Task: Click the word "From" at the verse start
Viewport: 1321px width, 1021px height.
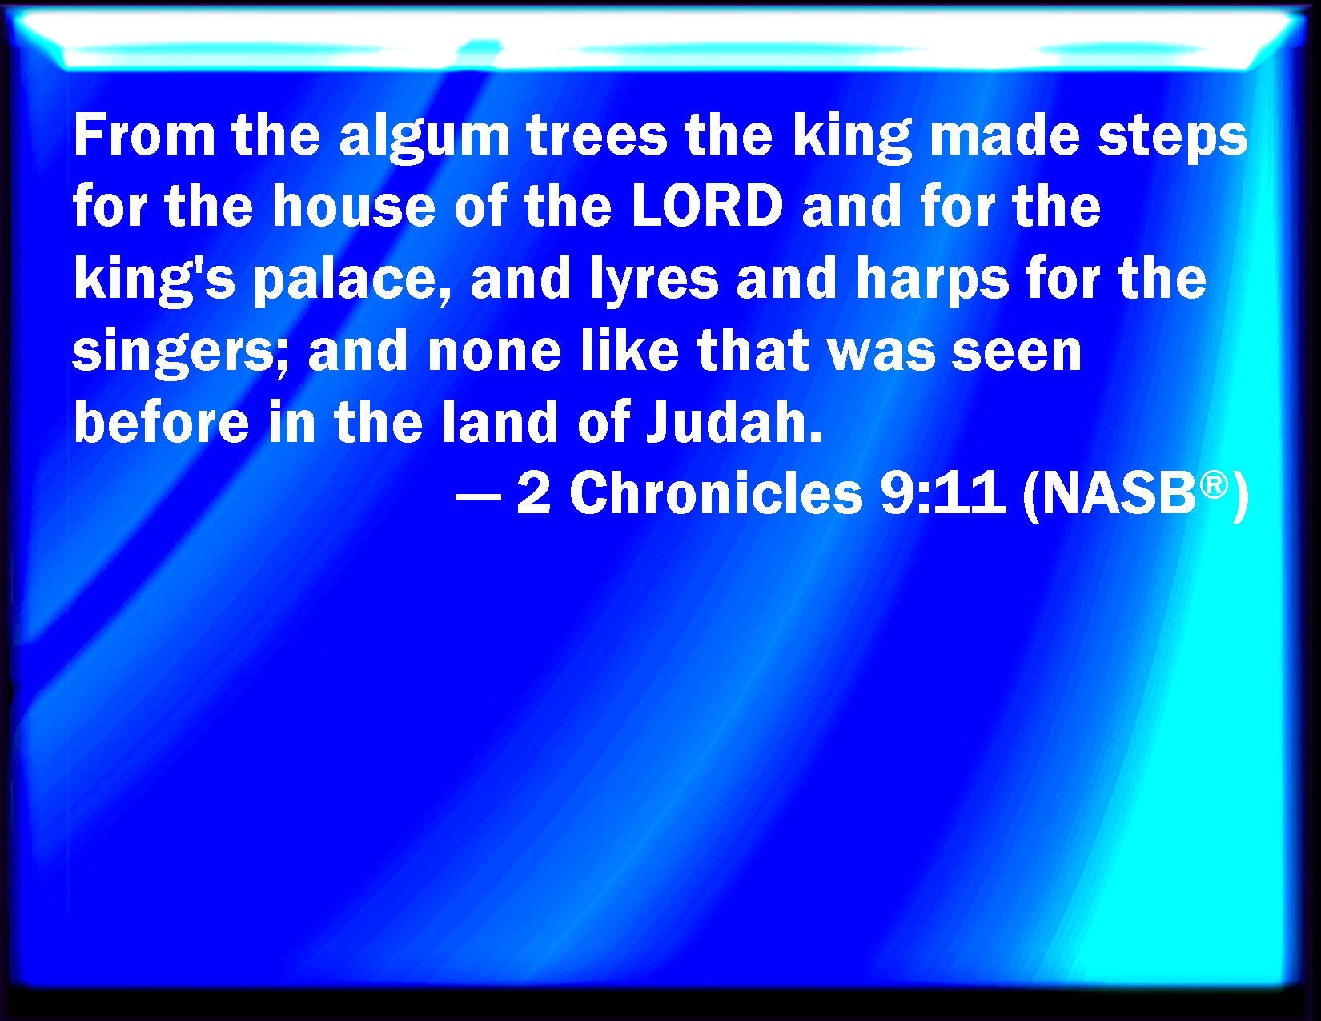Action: coord(144,135)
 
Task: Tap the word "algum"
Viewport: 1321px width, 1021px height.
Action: coord(424,139)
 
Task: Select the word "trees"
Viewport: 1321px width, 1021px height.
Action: coord(597,135)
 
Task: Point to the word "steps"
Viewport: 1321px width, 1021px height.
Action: coord(1173,139)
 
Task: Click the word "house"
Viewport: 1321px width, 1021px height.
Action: coord(354,207)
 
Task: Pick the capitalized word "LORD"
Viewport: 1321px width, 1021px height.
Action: coord(707,207)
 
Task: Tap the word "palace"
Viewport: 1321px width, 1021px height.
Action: coord(350,281)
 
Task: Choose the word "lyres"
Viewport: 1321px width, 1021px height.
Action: coord(655,281)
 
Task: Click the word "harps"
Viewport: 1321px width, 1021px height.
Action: coord(933,281)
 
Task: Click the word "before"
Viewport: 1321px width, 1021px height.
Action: coord(161,420)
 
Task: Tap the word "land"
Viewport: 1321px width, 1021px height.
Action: coord(500,420)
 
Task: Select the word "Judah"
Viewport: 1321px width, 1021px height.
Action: coord(733,420)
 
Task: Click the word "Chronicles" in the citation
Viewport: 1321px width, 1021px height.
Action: coord(716,492)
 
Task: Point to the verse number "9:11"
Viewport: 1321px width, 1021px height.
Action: coord(943,492)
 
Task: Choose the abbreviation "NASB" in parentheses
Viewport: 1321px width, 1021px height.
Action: coord(1119,492)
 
